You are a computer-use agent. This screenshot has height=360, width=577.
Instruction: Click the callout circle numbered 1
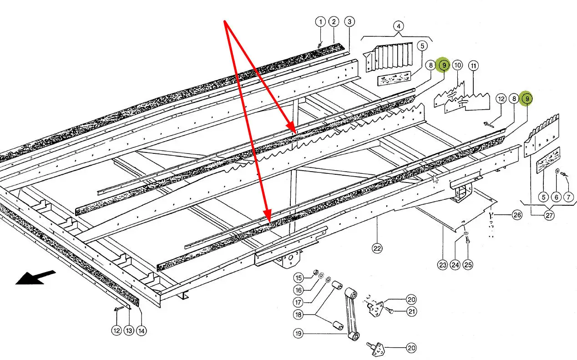click(320, 21)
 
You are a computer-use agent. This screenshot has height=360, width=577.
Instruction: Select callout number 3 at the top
click(349, 21)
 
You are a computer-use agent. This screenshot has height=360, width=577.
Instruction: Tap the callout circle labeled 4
click(398, 26)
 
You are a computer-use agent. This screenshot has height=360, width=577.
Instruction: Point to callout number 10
click(457, 66)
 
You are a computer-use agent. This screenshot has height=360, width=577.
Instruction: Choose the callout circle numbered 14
click(142, 331)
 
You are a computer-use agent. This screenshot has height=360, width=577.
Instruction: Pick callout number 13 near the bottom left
click(129, 331)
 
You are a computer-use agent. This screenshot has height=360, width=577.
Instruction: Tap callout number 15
click(298, 278)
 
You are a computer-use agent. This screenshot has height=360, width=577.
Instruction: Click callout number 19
click(298, 334)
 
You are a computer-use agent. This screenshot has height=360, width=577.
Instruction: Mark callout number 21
click(411, 311)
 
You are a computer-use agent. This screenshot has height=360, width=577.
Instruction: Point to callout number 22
click(377, 248)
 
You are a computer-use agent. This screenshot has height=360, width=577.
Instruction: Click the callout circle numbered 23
click(443, 264)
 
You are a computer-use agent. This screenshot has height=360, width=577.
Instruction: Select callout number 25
click(468, 264)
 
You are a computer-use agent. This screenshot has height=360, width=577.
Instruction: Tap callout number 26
click(516, 215)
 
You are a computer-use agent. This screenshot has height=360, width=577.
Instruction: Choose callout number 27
click(549, 215)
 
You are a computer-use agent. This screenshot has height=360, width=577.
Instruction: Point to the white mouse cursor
click(436, 178)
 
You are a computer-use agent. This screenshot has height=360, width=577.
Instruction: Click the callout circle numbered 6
click(556, 197)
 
